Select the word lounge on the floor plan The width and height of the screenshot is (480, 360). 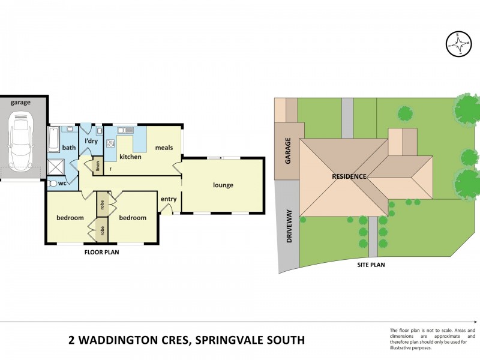point(223,185)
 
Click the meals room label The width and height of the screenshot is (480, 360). point(164,148)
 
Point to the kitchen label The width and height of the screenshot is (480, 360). point(130,157)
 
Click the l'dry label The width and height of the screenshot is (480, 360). point(91,141)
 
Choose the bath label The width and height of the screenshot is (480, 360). point(69,148)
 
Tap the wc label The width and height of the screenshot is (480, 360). point(62,183)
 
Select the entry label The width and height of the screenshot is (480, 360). point(169,199)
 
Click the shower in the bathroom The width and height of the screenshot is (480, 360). point(58,166)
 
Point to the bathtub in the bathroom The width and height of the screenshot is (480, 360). point(53,139)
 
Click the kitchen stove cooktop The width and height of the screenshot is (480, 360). point(110,143)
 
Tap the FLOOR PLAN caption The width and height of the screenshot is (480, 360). point(101,253)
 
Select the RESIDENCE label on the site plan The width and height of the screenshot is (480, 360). point(349,177)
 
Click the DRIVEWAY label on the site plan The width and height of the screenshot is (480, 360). point(289,226)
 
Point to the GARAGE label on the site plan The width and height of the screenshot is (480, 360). point(287,149)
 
